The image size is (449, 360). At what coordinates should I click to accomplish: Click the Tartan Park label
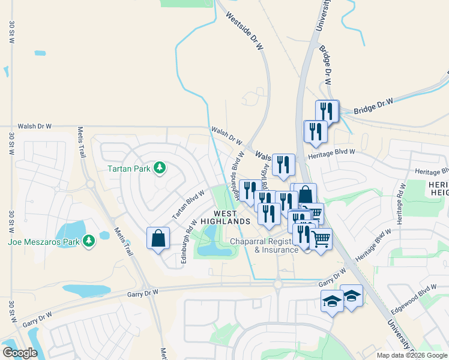pos(128,169)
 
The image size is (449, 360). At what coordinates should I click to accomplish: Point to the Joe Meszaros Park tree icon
pos(89,241)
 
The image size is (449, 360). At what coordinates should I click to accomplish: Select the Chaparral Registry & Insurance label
pos(264,245)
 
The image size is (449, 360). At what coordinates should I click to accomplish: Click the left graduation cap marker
pos(331,300)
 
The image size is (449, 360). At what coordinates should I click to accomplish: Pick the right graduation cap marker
pos(352,295)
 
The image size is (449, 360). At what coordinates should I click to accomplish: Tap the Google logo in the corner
pos(20,352)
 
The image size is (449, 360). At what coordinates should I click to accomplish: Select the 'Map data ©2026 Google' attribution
pos(412,355)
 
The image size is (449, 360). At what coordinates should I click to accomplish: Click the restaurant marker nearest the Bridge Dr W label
pos(327,110)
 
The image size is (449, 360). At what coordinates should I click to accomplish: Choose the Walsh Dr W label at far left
pos(35,127)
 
